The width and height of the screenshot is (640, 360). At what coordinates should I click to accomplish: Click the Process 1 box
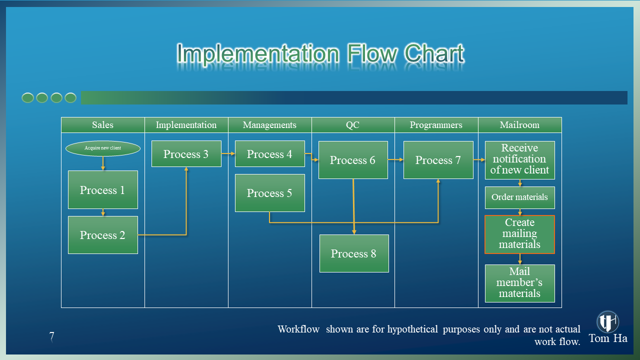(x=102, y=189)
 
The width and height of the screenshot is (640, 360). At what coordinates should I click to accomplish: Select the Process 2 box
(x=102, y=235)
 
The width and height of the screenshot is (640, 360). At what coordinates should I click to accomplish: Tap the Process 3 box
(x=186, y=154)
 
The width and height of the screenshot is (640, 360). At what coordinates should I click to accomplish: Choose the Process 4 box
(x=269, y=154)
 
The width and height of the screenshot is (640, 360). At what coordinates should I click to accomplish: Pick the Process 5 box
(x=269, y=193)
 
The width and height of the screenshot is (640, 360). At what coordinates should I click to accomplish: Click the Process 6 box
(x=353, y=160)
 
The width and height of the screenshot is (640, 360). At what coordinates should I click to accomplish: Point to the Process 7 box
(x=438, y=160)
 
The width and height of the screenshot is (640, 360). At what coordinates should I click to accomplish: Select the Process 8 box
(x=354, y=253)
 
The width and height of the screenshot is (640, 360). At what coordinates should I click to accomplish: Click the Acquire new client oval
(x=102, y=148)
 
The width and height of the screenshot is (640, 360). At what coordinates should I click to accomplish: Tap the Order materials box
(x=519, y=197)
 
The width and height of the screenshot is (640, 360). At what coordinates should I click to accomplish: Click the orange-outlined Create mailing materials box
(x=519, y=234)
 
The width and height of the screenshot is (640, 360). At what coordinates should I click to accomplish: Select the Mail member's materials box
(x=519, y=283)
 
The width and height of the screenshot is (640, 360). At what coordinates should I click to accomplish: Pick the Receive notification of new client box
(x=519, y=159)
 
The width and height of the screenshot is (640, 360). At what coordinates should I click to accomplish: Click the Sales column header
(x=102, y=125)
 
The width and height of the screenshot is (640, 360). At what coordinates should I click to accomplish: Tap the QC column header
(x=353, y=125)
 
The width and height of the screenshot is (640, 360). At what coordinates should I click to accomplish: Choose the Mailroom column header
(x=519, y=125)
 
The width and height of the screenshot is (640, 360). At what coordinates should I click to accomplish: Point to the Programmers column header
(x=436, y=125)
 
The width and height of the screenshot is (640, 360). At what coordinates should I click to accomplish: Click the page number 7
(x=51, y=336)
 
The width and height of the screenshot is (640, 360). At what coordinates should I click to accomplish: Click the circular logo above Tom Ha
(x=607, y=321)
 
